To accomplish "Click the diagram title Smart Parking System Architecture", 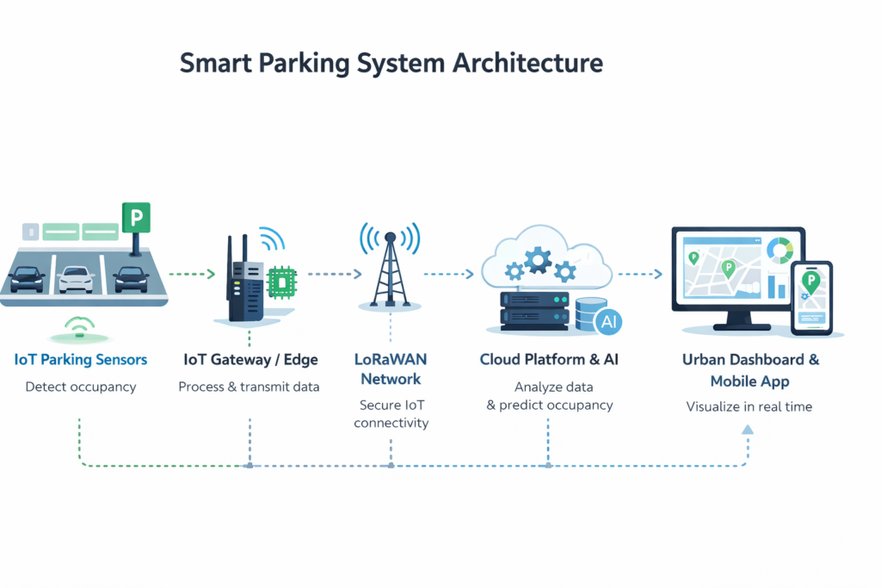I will click(x=391, y=65).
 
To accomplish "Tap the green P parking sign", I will click(x=136, y=217).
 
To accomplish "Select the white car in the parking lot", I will click(x=77, y=278).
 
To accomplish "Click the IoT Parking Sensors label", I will click(x=81, y=359).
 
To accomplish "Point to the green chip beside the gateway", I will click(x=280, y=281).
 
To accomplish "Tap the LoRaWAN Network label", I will click(x=391, y=368).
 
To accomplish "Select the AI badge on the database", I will click(x=607, y=322).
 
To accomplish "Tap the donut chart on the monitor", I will click(x=781, y=251).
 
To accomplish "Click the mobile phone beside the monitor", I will click(x=812, y=298).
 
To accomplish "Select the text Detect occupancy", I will click(x=81, y=387).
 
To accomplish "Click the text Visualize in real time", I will click(x=749, y=406).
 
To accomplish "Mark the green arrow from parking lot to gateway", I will click(x=193, y=275).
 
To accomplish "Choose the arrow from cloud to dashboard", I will click(x=640, y=275).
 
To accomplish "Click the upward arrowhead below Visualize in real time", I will click(x=748, y=428).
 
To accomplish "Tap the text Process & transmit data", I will click(x=249, y=387).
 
